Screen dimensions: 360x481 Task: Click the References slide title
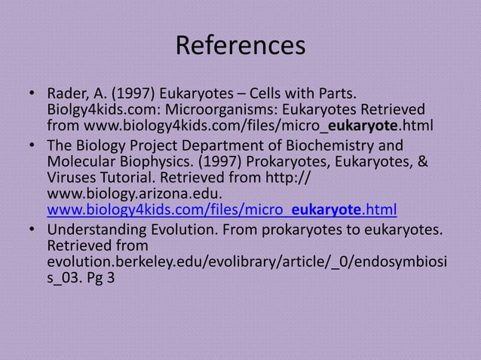click(x=240, y=47)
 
